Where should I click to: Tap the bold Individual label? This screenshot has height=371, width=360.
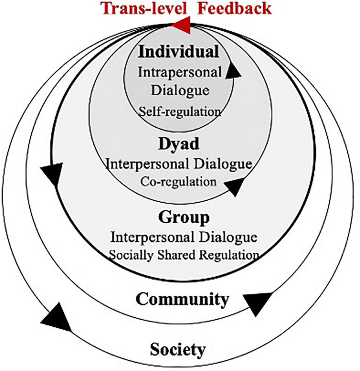click(178, 52)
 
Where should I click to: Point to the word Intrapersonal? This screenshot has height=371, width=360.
click(180, 72)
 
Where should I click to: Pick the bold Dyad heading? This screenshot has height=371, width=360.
click(178, 144)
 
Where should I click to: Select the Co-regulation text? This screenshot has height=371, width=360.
click(178, 182)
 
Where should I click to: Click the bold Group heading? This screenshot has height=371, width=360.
click(184, 217)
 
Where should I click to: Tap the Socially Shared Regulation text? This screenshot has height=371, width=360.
click(184, 255)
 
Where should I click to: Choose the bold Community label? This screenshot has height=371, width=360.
click(182, 299)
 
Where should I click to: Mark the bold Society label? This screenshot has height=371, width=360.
click(178, 349)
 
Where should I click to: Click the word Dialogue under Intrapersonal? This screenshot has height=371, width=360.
click(180, 90)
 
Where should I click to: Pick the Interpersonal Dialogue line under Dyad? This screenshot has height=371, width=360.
click(178, 164)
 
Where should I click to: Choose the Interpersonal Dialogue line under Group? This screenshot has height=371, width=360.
click(184, 237)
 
